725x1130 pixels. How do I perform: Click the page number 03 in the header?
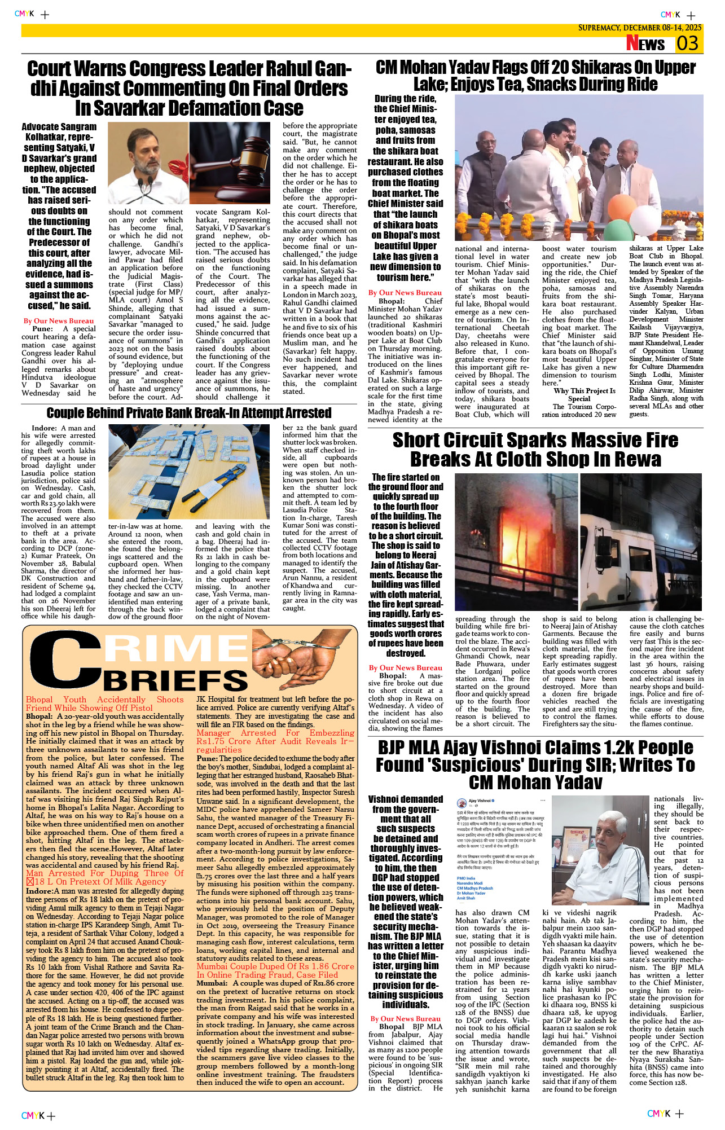pyautogui.click(x=688, y=43)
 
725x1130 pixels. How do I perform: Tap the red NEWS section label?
pyautogui.click(x=645, y=43)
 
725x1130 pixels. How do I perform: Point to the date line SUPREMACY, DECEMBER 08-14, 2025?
pyautogui.click(x=639, y=28)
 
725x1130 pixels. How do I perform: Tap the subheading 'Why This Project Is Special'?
pyautogui.click(x=584, y=394)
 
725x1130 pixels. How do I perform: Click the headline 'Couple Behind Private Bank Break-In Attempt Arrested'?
pyautogui.click(x=189, y=413)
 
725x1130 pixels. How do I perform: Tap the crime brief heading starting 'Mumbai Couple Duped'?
pyautogui.click(x=275, y=970)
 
